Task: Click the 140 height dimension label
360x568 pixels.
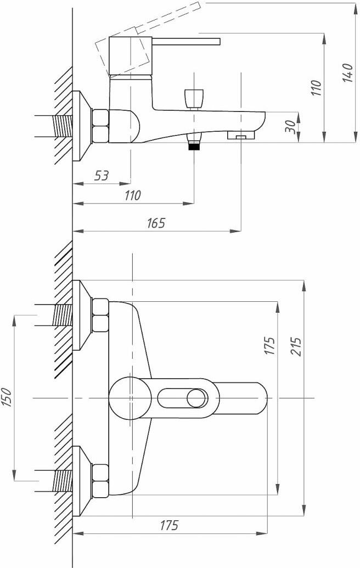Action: tap(348, 73)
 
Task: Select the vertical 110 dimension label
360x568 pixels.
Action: tap(316, 88)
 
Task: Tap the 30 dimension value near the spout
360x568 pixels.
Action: tap(290, 126)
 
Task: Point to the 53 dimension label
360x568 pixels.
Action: tap(102, 176)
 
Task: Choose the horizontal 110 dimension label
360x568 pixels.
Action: tap(133, 195)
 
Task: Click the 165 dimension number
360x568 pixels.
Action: tap(156, 223)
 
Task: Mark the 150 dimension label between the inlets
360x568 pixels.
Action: tap(8, 397)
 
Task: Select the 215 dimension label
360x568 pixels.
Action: tap(296, 347)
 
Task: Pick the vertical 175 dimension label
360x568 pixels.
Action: tap(270, 346)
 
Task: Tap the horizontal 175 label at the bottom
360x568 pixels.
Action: tap(169, 525)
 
